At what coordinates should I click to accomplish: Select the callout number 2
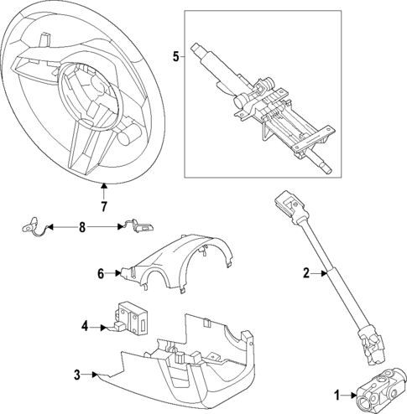pos(306,272)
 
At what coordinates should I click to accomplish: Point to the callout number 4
pos(85,325)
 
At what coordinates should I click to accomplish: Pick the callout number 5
pos(175,56)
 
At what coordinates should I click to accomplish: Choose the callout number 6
pos(100,273)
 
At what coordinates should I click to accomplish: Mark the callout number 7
pos(103,206)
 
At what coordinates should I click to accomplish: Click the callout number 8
pos(82,226)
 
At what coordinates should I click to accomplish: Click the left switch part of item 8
pos(34,226)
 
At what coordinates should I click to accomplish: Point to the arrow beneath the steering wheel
pos(103,189)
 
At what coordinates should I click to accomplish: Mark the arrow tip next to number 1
pos(353,393)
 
